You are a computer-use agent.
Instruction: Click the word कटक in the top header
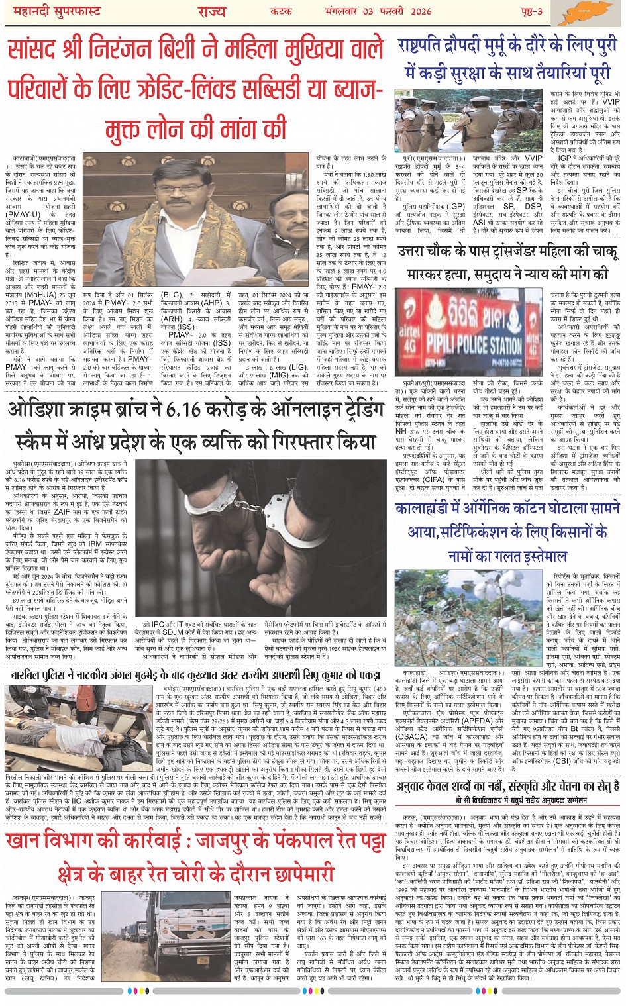[x=281, y=11]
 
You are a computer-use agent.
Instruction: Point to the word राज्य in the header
[x=211, y=11]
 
